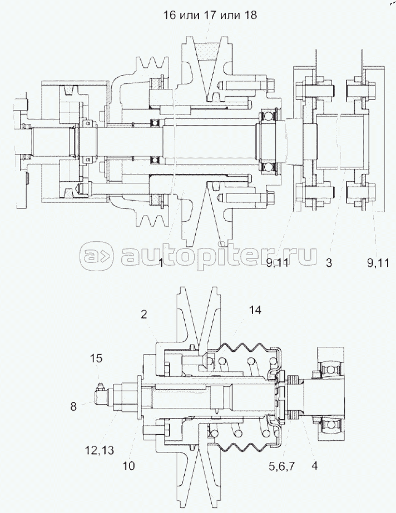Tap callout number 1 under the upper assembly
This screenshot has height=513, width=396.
click(x=161, y=262)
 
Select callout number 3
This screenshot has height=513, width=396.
click(x=329, y=262)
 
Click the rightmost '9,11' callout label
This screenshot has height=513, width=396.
click(x=378, y=262)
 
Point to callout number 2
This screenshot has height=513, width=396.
click(x=144, y=315)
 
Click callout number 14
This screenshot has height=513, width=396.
click(x=255, y=310)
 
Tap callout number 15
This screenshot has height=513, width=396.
click(x=96, y=358)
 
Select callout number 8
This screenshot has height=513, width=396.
click(x=73, y=406)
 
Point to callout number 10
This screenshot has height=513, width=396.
click(x=128, y=466)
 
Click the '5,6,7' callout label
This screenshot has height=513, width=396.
click(x=282, y=466)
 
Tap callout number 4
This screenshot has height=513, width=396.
click(x=314, y=466)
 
